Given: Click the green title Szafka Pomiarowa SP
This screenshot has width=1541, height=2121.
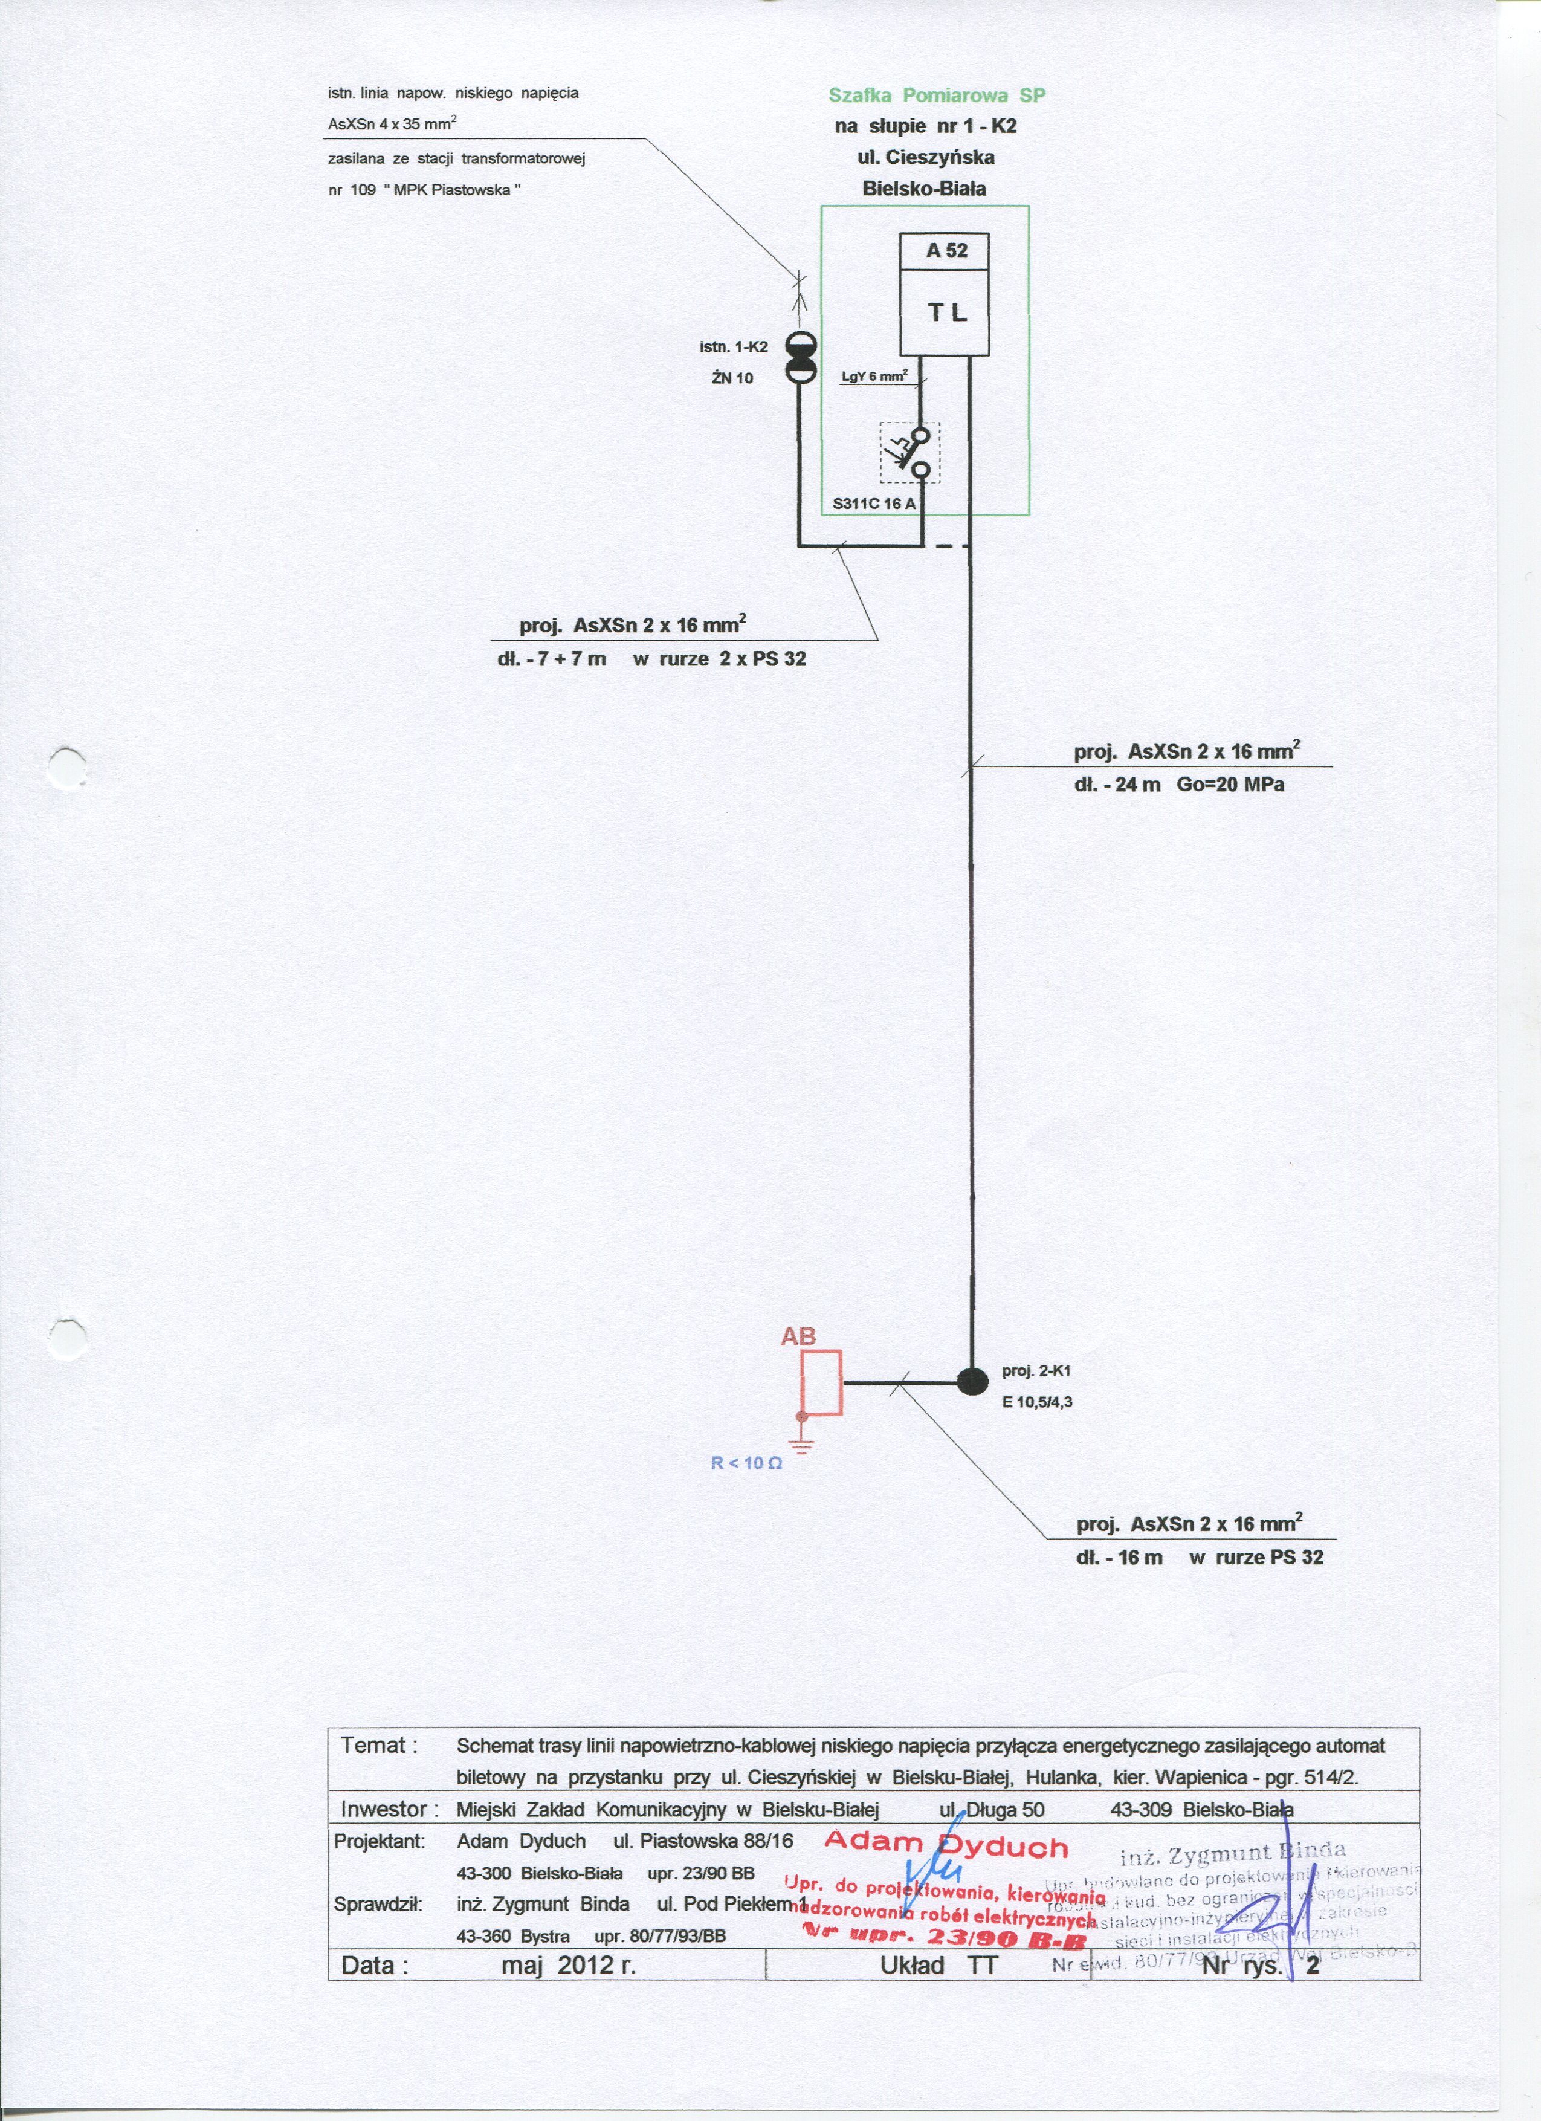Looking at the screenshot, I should tap(936, 96).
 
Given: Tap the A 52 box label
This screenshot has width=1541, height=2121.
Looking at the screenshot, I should tap(945, 251).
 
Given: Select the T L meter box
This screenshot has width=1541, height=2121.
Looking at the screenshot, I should tap(945, 312).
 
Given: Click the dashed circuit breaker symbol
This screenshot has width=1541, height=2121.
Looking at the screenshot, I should tap(910, 453).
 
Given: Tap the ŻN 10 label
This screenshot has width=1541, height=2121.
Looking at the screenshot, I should tap(732, 378).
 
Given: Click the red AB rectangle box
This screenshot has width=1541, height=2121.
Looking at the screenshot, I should tap(822, 1382).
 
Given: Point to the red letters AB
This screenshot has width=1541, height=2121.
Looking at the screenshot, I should tap(798, 1337).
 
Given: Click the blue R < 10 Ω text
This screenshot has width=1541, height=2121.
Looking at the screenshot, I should tap(746, 1463).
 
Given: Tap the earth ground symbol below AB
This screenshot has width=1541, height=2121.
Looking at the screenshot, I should tap(801, 1444).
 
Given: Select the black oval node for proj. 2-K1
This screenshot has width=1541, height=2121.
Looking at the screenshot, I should tap(972, 1381).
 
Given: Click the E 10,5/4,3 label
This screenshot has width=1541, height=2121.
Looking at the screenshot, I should tap(1037, 1402).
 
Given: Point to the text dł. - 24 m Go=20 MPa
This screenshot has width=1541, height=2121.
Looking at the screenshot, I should tap(1178, 785).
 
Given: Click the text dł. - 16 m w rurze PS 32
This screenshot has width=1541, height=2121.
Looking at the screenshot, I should tap(1199, 1557).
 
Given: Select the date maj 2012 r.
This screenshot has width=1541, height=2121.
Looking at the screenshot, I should tap(567, 1965).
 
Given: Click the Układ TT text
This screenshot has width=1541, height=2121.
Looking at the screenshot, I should tap(938, 1965).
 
